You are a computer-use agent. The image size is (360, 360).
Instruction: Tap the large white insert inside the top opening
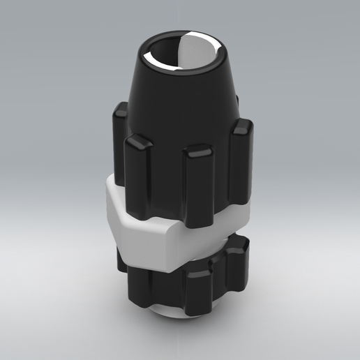pyautogui.click(x=200, y=54)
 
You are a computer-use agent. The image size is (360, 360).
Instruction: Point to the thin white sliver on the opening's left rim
pyautogui.click(x=149, y=57)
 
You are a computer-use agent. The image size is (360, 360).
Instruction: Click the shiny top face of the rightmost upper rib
pyautogui.click(x=242, y=126)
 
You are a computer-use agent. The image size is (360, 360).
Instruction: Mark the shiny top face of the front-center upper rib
pyautogui.click(x=200, y=152)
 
